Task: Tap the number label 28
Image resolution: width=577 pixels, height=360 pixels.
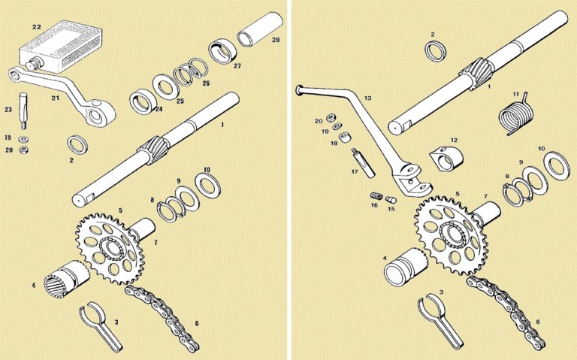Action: [x=276, y=40]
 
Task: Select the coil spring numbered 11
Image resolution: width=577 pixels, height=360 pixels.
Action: [x=516, y=116]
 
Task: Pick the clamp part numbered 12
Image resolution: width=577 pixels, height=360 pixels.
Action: [x=444, y=159]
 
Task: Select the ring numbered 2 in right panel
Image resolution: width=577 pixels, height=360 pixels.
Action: [x=434, y=51]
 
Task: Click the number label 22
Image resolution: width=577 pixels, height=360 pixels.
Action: [x=37, y=27]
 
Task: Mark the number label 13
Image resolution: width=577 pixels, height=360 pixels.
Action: [x=367, y=98]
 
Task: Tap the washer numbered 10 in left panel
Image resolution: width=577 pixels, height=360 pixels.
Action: [x=203, y=183]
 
